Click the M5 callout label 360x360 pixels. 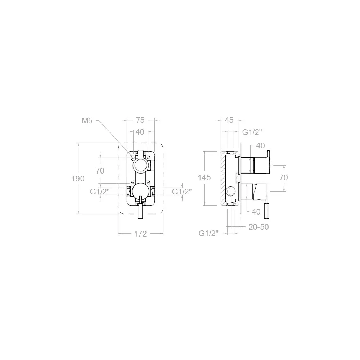pyautogui.click(x=87, y=121)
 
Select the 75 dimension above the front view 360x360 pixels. pyautogui.click(x=140, y=120)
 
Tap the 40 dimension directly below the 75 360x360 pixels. pyautogui.click(x=140, y=132)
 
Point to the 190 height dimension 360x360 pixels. pyautogui.click(x=78, y=179)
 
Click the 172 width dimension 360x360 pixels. pyautogui.click(x=140, y=234)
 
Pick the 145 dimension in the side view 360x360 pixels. pyautogui.click(x=204, y=177)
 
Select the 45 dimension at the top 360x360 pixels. pyautogui.click(x=229, y=120)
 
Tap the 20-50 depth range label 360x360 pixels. pyautogui.click(x=259, y=227)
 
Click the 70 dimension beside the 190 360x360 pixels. pyautogui.click(x=100, y=171)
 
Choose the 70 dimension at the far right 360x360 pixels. pyautogui.click(x=284, y=177)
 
